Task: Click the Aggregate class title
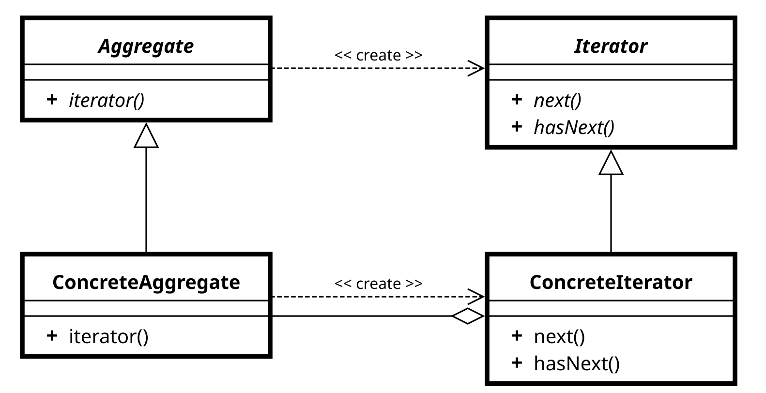point(146,46)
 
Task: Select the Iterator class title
point(611,46)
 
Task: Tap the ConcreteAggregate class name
point(146,283)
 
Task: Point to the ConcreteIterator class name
point(611,282)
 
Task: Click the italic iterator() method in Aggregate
point(107,101)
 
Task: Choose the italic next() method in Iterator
point(557,101)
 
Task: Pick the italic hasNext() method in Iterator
point(574,127)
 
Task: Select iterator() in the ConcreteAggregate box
point(109,336)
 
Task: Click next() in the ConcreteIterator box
point(559,336)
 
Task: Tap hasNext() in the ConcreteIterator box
point(577,363)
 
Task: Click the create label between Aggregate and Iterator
point(378,55)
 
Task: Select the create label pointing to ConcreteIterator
point(378,284)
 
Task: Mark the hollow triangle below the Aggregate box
point(146,136)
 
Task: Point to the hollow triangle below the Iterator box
point(611,163)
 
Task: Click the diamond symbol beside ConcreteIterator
point(468,316)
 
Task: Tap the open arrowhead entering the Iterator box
point(476,68)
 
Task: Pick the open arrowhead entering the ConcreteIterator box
point(476,297)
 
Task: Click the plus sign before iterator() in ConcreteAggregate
point(52,335)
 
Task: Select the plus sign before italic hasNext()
point(517,127)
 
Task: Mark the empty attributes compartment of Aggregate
point(146,72)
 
